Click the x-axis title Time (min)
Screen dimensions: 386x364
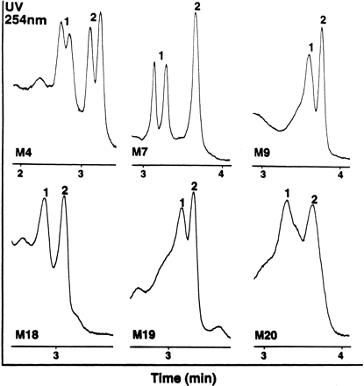pyautogui.click(x=182, y=375)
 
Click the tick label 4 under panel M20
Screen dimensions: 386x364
pyautogui.click(x=340, y=355)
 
